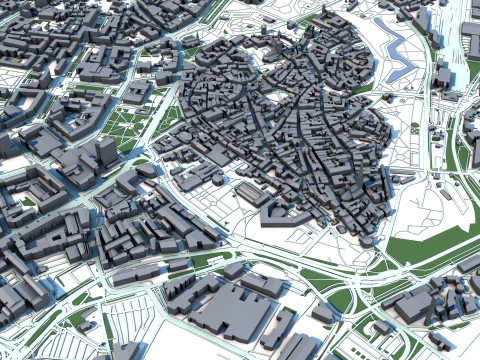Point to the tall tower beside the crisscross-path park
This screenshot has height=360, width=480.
[x=106, y=151]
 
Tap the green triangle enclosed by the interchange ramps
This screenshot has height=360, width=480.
[x=339, y=299]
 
